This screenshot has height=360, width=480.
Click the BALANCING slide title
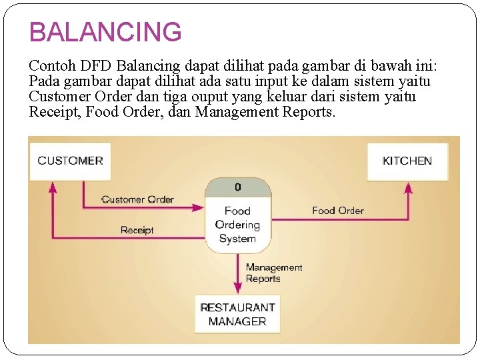[x=105, y=31]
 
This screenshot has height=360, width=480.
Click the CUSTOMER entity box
[x=70, y=161]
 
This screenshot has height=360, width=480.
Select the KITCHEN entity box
[x=407, y=161]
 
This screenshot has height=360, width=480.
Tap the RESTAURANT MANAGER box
[x=237, y=314]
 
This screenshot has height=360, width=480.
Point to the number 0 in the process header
[x=238, y=187]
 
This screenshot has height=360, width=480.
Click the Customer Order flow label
[x=137, y=199]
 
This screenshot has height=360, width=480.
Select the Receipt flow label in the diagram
[x=137, y=230]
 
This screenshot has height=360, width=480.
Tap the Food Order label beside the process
[x=337, y=211]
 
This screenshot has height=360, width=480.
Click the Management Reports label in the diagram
[x=273, y=273]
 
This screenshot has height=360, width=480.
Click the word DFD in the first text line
[x=98, y=66]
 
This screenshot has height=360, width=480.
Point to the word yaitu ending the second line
[x=415, y=81]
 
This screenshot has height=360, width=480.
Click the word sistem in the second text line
[x=372, y=81]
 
